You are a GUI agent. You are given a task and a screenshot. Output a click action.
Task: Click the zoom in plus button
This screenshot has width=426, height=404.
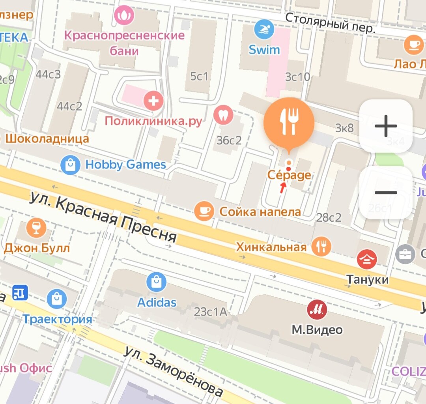386,126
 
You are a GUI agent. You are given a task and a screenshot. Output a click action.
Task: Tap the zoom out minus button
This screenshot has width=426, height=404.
386,193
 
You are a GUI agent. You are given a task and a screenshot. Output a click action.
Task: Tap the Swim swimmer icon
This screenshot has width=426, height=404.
264,29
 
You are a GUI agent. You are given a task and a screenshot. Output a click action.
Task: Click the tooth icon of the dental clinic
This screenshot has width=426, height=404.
223,115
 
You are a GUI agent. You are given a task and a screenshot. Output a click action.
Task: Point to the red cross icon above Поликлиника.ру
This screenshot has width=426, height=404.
153,101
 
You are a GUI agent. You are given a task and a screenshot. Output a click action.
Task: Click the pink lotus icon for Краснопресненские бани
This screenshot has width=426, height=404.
124,16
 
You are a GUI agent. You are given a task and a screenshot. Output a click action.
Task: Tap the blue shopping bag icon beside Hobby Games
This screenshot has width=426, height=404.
71,165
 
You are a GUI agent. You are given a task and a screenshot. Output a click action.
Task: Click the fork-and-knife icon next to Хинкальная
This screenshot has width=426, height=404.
321,246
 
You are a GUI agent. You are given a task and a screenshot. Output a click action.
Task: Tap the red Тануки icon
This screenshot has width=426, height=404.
366,259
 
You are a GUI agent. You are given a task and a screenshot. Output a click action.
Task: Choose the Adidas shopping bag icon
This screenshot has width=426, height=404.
156,282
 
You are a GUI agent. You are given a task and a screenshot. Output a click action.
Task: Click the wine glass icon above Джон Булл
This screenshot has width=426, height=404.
36,228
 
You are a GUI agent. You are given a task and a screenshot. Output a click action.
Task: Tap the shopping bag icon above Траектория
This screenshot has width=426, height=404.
57,299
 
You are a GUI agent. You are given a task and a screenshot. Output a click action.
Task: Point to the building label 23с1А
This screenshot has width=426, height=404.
211,312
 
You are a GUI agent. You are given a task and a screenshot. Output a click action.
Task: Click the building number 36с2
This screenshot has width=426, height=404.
229,140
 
